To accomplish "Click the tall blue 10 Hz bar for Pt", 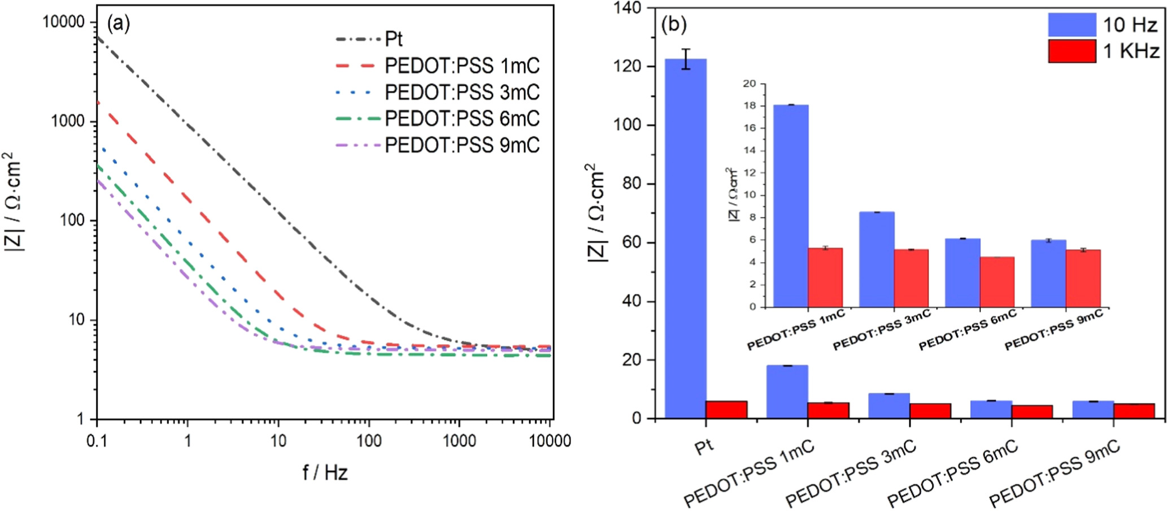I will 685,237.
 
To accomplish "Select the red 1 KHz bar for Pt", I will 726,409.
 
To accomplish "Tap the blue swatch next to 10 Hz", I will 1072,25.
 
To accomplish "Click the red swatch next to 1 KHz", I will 1072,51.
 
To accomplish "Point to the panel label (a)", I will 118,23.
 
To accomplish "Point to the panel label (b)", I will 674,24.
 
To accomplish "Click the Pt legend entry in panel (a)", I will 393,39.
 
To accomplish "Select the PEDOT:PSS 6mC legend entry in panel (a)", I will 462,119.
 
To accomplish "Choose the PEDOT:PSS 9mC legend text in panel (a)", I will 462,145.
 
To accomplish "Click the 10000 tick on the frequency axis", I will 550,441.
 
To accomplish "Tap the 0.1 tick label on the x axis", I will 97,441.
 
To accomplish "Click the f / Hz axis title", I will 325,472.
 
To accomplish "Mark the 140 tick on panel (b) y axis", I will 628,8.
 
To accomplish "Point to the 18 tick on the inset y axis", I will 749,106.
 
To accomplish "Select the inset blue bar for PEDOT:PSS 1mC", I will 790,206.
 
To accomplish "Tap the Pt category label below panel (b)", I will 704,447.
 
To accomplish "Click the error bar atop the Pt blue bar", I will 685,59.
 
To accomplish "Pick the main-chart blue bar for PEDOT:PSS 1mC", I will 787,392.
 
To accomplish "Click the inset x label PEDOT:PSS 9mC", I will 1053,330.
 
